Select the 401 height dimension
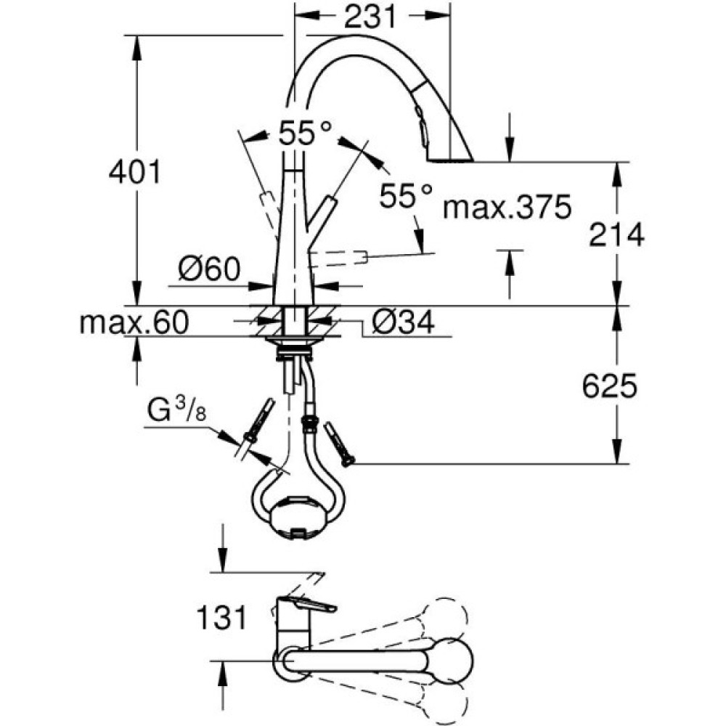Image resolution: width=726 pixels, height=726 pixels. (x=134, y=172)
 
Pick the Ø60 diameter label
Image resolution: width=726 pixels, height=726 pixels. (x=209, y=271)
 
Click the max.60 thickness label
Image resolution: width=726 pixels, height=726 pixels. (x=134, y=321)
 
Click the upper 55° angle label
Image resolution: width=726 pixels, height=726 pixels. (x=304, y=133)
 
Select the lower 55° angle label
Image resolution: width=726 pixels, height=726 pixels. (x=407, y=195)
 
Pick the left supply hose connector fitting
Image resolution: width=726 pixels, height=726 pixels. (x=258, y=421)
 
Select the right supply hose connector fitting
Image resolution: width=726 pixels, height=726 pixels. (x=339, y=443)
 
